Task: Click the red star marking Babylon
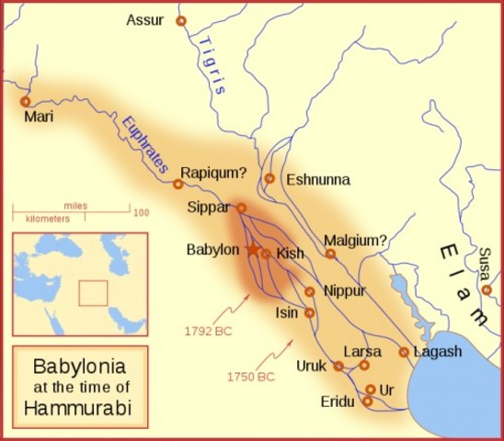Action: [x=252, y=249]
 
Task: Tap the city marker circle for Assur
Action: [x=180, y=20]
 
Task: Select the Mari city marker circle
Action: [x=25, y=101]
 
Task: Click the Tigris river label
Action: [x=212, y=73]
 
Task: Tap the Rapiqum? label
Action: [x=212, y=171]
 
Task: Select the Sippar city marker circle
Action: [x=241, y=208]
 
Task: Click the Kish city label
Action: [x=289, y=253]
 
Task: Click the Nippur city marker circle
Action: [x=310, y=291]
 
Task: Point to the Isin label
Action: [x=287, y=312]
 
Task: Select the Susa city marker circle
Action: [x=487, y=290]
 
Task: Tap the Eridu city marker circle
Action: [x=367, y=401]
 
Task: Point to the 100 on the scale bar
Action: [x=141, y=212]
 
